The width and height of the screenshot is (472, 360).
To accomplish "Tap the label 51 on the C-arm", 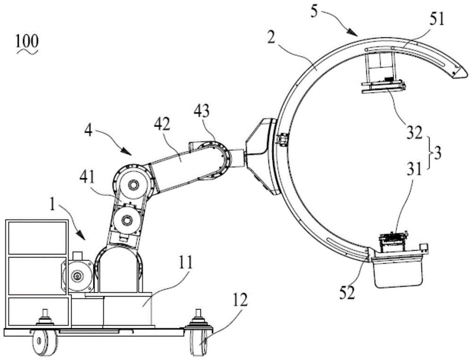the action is pyautogui.click(x=436, y=20).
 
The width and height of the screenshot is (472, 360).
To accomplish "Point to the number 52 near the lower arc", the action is pyautogui.click(x=348, y=292).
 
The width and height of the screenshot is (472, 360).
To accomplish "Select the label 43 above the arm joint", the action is pyautogui.click(x=202, y=112).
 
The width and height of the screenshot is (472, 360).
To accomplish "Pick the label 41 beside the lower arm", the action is pyautogui.click(x=87, y=178).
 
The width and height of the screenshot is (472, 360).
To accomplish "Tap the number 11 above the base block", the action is pyautogui.click(x=185, y=264).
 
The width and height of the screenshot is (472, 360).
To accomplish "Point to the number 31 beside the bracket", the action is pyautogui.click(x=414, y=170).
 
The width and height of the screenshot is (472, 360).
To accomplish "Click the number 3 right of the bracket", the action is pyautogui.click(x=437, y=153).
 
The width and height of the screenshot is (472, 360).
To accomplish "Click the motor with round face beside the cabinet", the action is pyautogui.click(x=79, y=275).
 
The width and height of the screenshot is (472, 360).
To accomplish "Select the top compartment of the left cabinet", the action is pyautogui.click(x=37, y=237).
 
